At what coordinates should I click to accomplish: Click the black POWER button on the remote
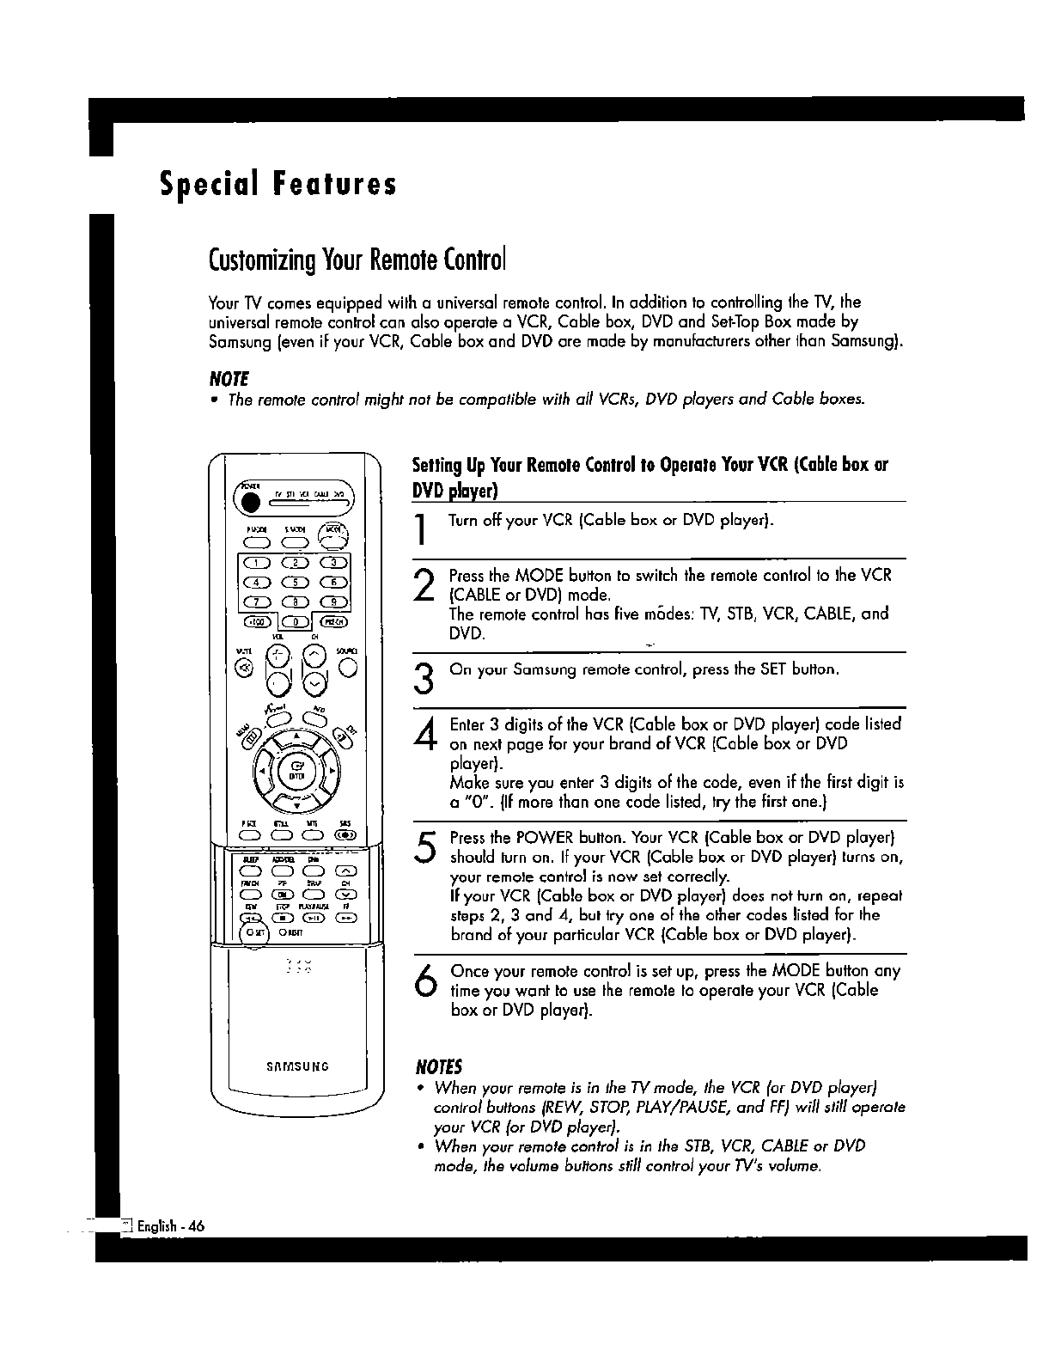click(x=251, y=502)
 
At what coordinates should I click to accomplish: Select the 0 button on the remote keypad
click(x=296, y=620)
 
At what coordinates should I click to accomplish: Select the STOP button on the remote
click(x=281, y=916)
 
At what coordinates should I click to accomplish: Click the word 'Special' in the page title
click(x=204, y=184)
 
